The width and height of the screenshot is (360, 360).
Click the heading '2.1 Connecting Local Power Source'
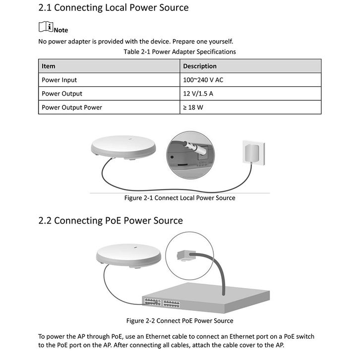(x=113, y=8)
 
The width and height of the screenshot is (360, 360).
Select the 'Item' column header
(x=49, y=66)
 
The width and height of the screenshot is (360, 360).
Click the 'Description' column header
(x=199, y=66)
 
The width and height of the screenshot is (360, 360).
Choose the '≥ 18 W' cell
(x=193, y=107)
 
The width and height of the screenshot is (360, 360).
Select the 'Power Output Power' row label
(x=72, y=107)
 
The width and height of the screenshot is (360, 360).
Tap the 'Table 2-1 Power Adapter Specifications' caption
(x=180, y=52)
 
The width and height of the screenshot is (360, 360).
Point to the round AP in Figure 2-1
(x=123, y=147)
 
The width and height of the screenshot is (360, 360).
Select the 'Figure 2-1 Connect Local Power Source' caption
(x=180, y=198)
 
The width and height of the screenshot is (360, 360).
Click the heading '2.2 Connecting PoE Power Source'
(x=111, y=221)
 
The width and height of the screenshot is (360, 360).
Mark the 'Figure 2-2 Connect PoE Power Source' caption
(x=180, y=320)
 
